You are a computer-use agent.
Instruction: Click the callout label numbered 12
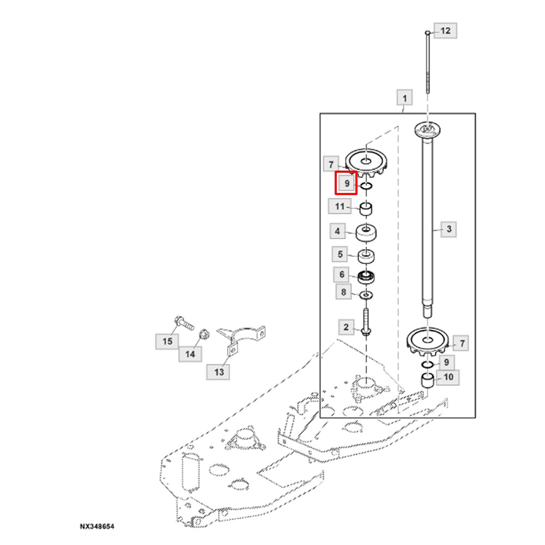(445, 31)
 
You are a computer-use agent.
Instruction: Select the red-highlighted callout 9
(346, 183)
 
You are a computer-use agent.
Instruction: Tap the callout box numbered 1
(404, 98)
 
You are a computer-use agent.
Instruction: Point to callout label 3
(449, 229)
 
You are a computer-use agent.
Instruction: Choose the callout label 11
(340, 207)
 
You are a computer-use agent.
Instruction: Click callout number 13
(219, 372)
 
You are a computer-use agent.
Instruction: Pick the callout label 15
(167, 341)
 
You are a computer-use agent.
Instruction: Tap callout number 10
(449, 377)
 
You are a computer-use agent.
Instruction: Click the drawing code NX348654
(97, 526)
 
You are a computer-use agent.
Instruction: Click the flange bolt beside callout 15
(184, 323)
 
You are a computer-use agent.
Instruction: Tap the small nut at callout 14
(204, 335)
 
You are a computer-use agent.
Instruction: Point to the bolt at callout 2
(365, 322)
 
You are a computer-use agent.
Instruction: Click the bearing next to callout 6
(366, 277)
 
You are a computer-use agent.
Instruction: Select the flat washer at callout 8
(366, 295)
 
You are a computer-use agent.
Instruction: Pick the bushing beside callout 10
(427, 380)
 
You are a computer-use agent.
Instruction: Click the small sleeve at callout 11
(365, 209)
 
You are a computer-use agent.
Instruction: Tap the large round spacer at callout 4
(366, 232)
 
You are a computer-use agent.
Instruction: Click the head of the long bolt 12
(427, 33)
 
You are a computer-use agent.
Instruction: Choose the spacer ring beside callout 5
(366, 257)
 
